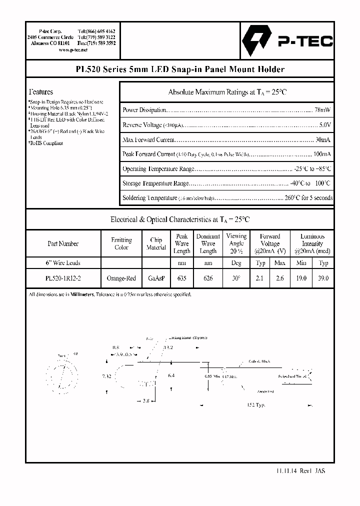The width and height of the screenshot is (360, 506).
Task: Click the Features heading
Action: pyautogui.click(x=41, y=92)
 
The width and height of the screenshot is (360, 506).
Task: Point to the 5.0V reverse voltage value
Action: pyautogui.click(x=324, y=125)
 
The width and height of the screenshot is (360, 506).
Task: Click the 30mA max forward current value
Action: pyautogui.click(x=322, y=140)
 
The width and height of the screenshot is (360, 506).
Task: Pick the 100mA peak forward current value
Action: pyautogui.click(x=321, y=154)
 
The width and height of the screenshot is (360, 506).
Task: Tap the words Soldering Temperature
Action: pyautogui.click(x=149, y=198)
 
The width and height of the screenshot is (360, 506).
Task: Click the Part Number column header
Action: pyautogui.click(x=63, y=243)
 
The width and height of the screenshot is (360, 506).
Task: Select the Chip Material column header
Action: pyautogui.click(x=156, y=243)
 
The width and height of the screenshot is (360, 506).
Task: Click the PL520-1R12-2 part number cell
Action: pyautogui.click(x=63, y=278)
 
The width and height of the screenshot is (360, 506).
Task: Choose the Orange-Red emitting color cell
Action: pyautogui.click(x=121, y=278)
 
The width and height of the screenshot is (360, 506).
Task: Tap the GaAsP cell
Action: pyautogui.click(x=156, y=278)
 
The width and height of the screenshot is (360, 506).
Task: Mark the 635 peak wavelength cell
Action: pyautogui.click(x=181, y=278)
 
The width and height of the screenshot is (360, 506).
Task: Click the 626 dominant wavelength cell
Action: pyautogui.click(x=208, y=278)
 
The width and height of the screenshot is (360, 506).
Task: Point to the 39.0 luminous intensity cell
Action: pyautogui.click(x=323, y=278)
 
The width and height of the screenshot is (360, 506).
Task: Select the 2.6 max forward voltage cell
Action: pyautogui.click(x=280, y=278)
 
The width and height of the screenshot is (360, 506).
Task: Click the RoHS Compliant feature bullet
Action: pyautogui.click(x=46, y=143)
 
